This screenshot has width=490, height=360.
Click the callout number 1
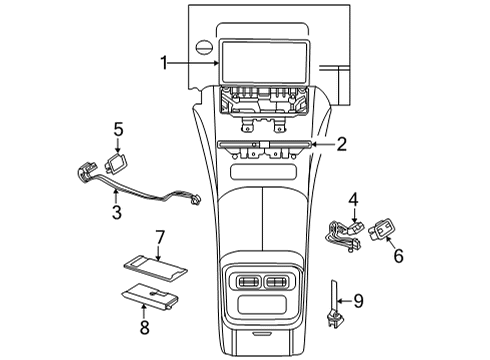click(164, 63)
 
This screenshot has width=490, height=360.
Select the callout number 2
click(341, 144)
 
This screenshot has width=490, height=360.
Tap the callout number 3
click(117, 212)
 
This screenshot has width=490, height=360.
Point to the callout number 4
click(354, 200)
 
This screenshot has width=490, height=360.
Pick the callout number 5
click(118, 130)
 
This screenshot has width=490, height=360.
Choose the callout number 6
click(399, 256)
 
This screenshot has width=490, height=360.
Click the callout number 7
click(160, 237)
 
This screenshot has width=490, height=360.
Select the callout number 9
click(358, 301)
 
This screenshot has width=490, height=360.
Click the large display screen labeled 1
click(265, 62)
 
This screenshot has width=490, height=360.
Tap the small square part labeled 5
click(116, 162)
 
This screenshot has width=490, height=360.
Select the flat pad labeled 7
click(155, 267)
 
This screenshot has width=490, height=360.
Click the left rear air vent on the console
click(248, 282)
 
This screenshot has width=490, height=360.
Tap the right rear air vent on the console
click(275, 282)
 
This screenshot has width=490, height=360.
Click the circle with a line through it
click(204, 47)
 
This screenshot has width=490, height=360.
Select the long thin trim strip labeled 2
click(265, 144)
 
